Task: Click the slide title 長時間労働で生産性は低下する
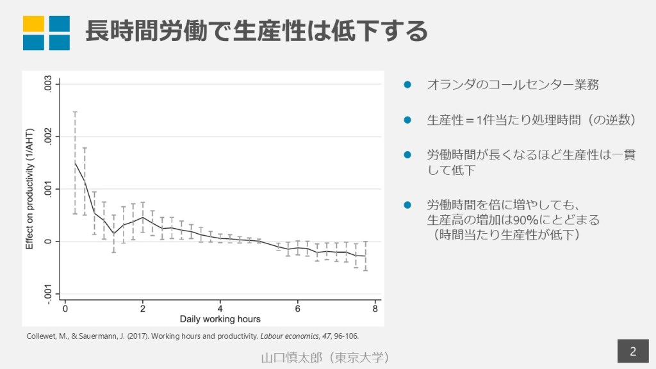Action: point(256,31)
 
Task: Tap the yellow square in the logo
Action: point(33,24)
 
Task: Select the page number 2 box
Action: point(632,351)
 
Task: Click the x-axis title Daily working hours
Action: point(220,318)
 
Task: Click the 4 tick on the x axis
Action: point(220,308)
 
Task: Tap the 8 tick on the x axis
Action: point(375,308)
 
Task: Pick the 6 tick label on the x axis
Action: point(297,308)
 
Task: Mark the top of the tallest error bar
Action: point(75,112)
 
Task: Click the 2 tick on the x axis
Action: point(142,308)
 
